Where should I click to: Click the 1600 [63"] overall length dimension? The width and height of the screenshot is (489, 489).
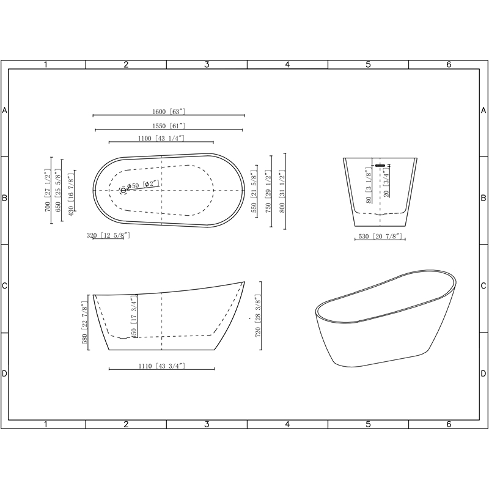coord(169,112)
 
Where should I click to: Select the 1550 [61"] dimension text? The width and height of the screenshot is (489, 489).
coord(169,126)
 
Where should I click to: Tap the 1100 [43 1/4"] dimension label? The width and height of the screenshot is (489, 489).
coord(161,138)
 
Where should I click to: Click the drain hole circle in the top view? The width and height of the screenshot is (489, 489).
coord(123,190)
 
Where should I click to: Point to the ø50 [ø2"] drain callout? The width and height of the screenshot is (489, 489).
coord(143,185)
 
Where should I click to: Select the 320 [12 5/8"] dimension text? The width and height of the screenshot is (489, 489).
coord(108,235)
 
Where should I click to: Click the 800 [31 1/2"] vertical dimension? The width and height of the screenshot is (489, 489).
coord(282,191)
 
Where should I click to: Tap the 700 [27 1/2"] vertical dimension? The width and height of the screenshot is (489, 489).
coord(48,190)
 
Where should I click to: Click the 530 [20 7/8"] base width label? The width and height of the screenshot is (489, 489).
coord(380,237)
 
